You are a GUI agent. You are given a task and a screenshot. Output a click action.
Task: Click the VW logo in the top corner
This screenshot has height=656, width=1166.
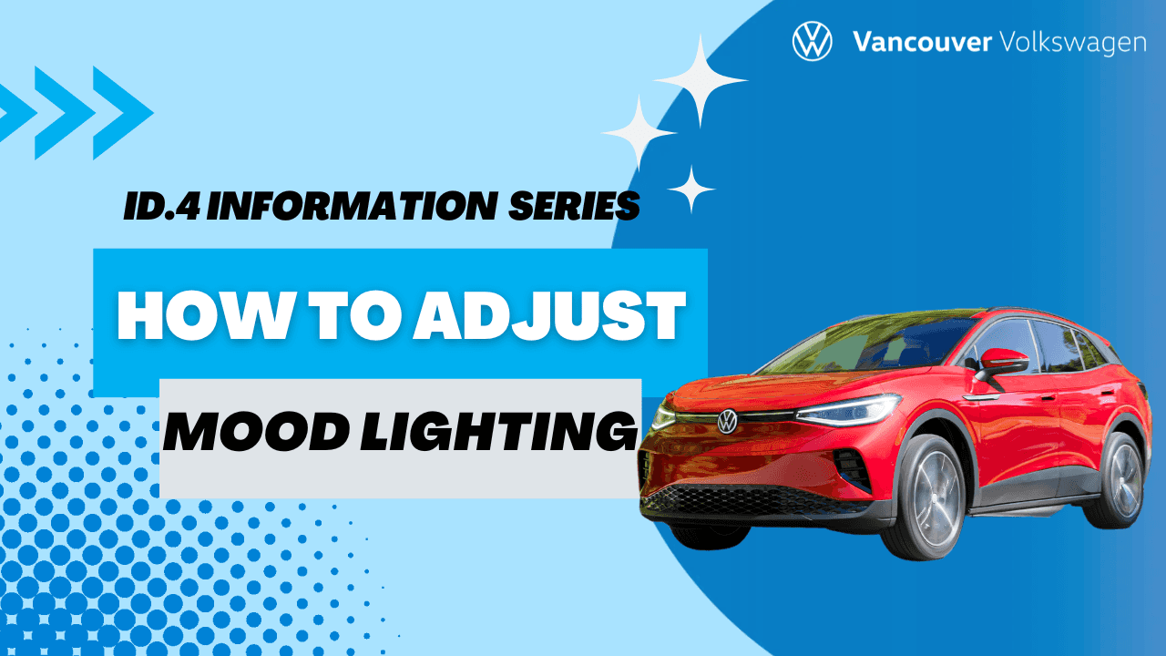pyautogui.click(x=813, y=41)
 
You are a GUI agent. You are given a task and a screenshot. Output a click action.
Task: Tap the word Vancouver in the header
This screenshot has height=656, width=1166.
pyautogui.click(x=921, y=42)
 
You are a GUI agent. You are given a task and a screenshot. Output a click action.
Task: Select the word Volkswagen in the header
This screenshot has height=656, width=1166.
pyautogui.click(x=1072, y=43)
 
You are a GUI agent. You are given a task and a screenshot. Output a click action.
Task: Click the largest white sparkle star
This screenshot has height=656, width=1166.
pyautogui.click(x=701, y=80)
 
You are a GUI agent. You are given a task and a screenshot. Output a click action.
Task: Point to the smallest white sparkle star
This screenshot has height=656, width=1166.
pyautogui.click(x=691, y=189)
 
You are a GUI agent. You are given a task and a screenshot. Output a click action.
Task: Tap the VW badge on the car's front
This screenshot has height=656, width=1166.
pyautogui.click(x=727, y=421)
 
